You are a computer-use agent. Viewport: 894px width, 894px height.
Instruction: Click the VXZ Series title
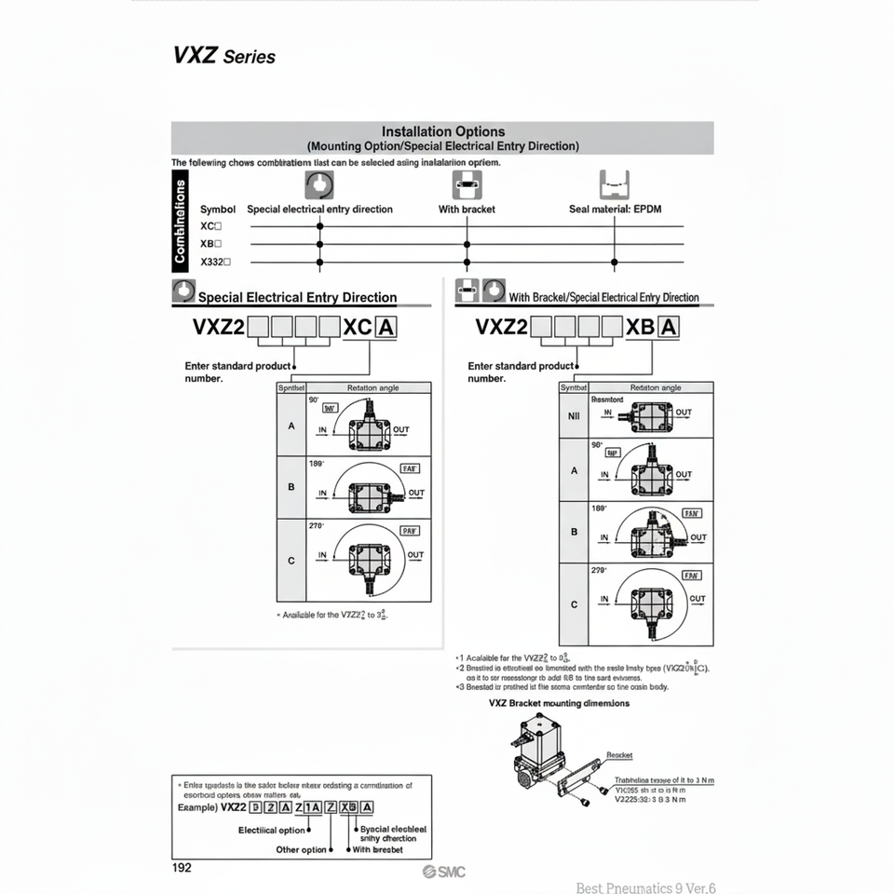[223, 55]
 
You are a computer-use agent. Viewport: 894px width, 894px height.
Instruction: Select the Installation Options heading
[443, 132]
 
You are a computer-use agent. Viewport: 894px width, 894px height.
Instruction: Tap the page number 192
[182, 867]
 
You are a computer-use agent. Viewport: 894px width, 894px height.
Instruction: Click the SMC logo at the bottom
[443, 872]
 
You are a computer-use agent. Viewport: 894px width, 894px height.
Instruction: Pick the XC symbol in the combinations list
[210, 226]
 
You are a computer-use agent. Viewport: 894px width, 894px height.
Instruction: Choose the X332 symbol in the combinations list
[215, 262]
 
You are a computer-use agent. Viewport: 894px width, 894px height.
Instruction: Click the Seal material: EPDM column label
[615, 210]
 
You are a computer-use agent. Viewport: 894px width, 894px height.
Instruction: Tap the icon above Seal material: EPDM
[615, 183]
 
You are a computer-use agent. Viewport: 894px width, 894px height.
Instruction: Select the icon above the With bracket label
[467, 183]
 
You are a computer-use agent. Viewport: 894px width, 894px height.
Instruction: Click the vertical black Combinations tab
[181, 223]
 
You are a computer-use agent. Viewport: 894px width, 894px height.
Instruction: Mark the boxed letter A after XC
[384, 327]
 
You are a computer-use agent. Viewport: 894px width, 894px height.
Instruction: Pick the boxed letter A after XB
[668, 327]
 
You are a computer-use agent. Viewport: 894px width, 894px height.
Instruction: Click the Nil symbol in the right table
[574, 415]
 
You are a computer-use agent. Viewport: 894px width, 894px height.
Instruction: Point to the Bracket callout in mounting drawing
[619, 755]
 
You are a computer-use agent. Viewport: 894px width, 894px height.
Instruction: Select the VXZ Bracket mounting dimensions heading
[559, 703]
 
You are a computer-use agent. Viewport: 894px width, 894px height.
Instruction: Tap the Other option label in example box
[301, 849]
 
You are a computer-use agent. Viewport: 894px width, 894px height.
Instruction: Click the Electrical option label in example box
[272, 830]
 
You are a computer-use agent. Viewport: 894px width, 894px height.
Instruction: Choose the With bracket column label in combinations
[467, 210]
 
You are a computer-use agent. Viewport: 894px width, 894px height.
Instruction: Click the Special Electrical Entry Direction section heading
[297, 298]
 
